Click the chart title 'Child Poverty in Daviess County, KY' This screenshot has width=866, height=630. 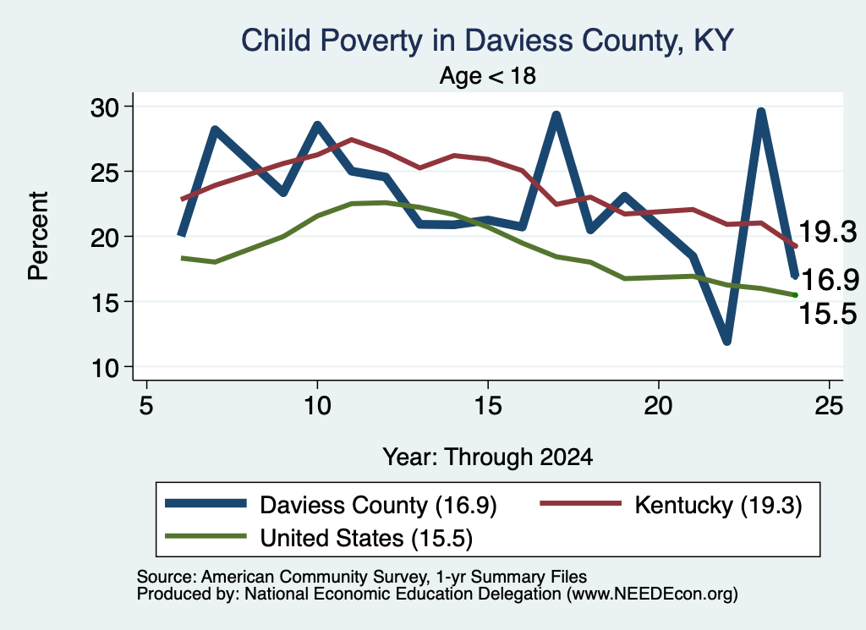pyautogui.click(x=487, y=41)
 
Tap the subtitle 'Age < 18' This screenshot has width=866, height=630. pyautogui.click(x=488, y=75)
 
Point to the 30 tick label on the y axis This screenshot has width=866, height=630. pyautogui.click(x=105, y=107)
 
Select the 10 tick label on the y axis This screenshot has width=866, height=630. pyautogui.click(x=105, y=367)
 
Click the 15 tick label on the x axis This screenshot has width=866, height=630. pyautogui.click(x=488, y=406)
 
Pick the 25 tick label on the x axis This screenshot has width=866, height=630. pyautogui.click(x=829, y=406)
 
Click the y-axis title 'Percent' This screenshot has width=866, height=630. pyautogui.click(x=38, y=236)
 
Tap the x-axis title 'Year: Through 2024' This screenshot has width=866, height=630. pyautogui.click(x=488, y=457)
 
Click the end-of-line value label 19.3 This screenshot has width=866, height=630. pyautogui.click(x=827, y=232)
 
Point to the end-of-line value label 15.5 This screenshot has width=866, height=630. pyautogui.click(x=827, y=315)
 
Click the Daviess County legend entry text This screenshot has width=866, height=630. pyautogui.click(x=378, y=505)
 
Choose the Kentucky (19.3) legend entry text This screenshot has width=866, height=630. pyautogui.click(x=718, y=505)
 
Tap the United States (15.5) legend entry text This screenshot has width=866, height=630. pyautogui.click(x=366, y=539)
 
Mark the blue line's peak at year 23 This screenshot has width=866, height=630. pyautogui.click(x=761, y=112)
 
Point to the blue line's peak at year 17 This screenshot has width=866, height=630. pyautogui.click(x=556, y=115)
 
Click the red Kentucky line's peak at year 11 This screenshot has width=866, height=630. pyautogui.click(x=351, y=140)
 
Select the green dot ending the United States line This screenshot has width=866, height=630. pyautogui.click(x=795, y=295)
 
